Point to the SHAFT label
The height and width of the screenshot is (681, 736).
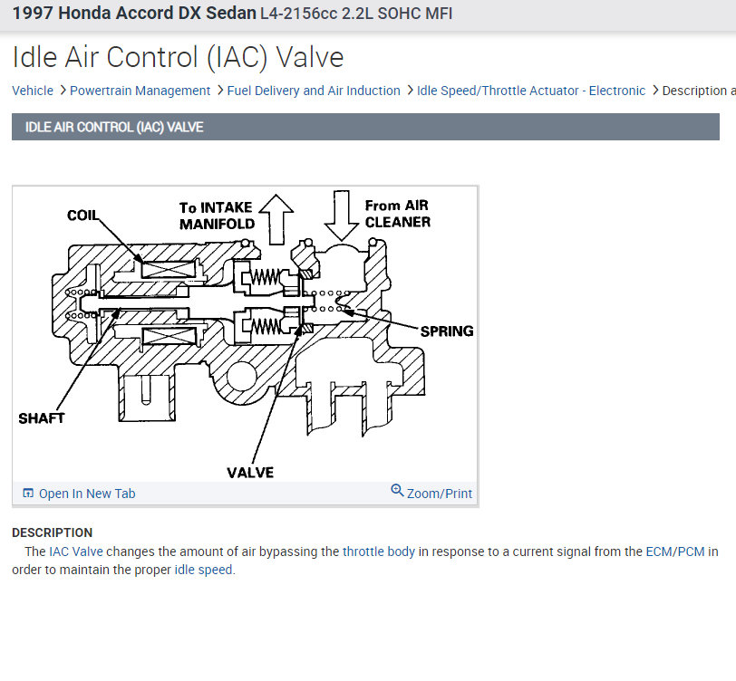(x=42, y=418)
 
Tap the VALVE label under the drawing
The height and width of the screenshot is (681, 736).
(x=250, y=472)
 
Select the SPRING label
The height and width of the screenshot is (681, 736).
(x=447, y=331)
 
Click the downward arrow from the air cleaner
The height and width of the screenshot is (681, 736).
(x=341, y=214)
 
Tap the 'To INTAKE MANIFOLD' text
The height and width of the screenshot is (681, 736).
(x=215, y=216)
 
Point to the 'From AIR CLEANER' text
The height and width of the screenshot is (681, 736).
(x=397, y=214)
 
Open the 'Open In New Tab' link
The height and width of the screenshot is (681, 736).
(x=87, y=494)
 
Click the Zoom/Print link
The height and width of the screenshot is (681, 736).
(x=440, y=494)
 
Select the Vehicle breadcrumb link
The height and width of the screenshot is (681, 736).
(x=33, y=91)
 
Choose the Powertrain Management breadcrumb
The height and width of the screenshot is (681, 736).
(x=140, y=91)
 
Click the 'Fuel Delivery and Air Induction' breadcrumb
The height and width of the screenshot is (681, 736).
(x=314, y=91)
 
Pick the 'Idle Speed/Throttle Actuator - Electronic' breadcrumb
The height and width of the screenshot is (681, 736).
(x=531, y=91)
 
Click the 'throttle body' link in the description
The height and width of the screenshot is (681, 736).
(x=379, y=552)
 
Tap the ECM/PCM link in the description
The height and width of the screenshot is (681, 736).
(x=674, y=552)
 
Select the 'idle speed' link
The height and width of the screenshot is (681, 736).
(x=203, y=570)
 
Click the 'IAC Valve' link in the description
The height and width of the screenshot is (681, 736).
(x=76, y=552)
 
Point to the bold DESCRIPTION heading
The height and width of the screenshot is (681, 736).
(x=52, y=532)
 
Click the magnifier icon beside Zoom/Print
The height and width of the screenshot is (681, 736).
(x=397, y=491)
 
